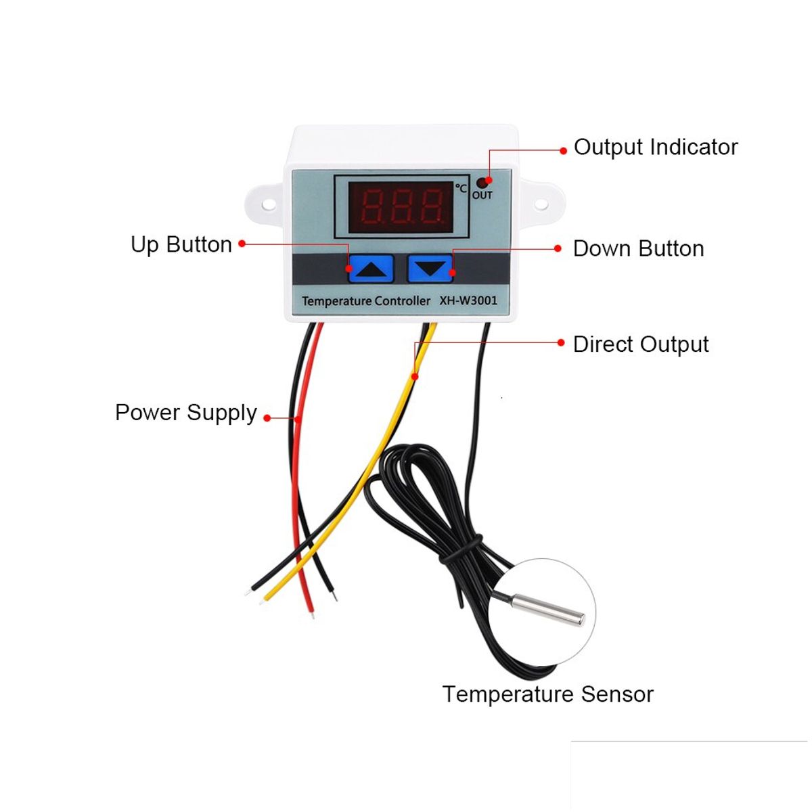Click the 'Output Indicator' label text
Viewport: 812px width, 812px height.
pyautogui.click(x=655, y=148)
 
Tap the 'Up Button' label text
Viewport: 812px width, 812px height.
pyautogui.click(x=181, y=245)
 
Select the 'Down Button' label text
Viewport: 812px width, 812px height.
pyautogui.click(x=638, y=249)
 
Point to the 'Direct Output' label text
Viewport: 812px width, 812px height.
pyautogui.click(x=640, y=344)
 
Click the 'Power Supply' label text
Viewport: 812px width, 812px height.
pyautogui.click(x=186, y=413)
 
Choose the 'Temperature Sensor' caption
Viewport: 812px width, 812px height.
pyautogui.click(x=547, y=694)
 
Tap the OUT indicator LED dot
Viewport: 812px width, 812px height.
pyautogui.click(x=482, y=182)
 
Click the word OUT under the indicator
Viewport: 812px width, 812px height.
pyautogui.click(x=482, y=196)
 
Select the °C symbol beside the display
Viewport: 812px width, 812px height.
pyautogui.click(x=461, y=187)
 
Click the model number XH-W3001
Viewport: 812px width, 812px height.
pyautogui.click(x=468, y=300)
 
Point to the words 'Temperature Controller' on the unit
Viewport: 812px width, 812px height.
pyautogui.click(x=365, y=300)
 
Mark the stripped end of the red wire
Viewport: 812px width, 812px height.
pyautogui.click(x=312, y=614)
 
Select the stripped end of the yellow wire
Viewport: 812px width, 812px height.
pyautogui.click(x=261, y=599)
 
